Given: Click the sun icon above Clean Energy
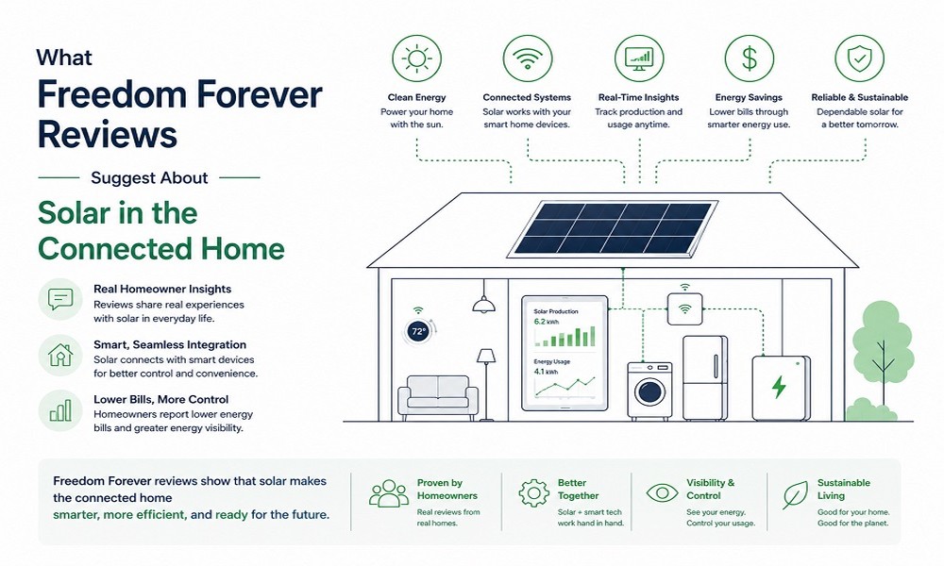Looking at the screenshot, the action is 416,58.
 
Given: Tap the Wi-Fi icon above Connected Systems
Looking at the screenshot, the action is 528,58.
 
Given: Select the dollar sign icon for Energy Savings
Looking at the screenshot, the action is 750,58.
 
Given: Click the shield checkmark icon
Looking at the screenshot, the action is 859,58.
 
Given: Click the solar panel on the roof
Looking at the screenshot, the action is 613,228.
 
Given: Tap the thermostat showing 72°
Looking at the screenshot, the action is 418,331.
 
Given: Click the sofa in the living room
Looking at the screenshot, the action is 438,397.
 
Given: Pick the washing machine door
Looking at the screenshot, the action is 649,392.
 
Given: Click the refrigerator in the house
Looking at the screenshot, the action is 705,377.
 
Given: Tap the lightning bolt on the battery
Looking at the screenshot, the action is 779,387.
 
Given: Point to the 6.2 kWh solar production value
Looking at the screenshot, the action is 546,322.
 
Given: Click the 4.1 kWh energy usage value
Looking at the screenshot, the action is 546,372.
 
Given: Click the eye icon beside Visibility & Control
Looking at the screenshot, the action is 663,493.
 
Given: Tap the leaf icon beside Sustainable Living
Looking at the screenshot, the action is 795,494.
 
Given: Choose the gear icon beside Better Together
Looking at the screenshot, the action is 534,493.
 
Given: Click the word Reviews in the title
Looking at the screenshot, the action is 108,134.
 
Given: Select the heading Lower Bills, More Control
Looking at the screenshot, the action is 160,399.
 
